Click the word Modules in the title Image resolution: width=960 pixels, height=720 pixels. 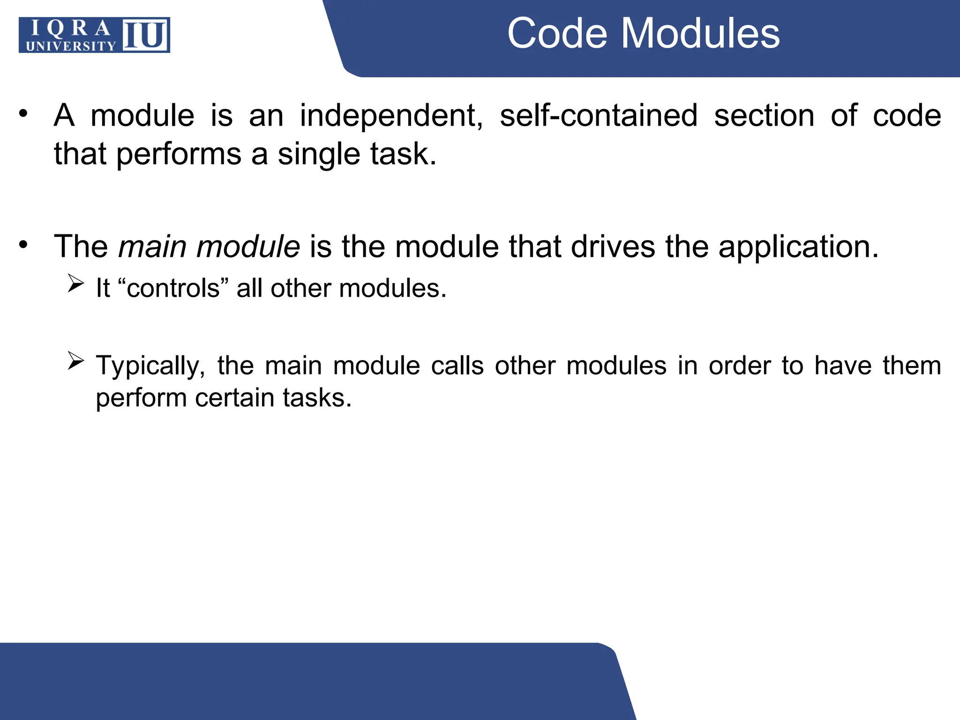[700, 33]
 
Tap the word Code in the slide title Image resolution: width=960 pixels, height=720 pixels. [557, 33]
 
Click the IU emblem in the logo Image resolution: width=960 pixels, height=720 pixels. [145, 35]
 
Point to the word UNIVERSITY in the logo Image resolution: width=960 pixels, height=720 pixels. [71, 46]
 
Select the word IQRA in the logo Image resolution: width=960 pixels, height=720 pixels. [71, 29]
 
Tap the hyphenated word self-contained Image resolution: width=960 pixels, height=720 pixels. [599, 116]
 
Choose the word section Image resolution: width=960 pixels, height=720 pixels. [764, 116]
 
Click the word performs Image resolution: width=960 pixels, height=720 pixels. [179, 155]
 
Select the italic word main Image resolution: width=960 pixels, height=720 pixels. [152, 247]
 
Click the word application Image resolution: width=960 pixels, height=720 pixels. [798, 247]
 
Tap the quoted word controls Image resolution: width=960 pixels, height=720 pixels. [173, 288]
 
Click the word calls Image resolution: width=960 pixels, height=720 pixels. [457, 366]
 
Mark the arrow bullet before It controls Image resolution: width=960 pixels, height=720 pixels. [75, 283]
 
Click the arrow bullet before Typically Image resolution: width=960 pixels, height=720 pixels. [75, 360]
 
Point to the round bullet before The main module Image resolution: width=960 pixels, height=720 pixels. [23, 244]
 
